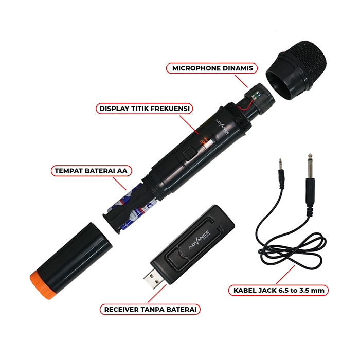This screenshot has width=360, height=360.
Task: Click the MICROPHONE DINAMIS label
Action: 212,68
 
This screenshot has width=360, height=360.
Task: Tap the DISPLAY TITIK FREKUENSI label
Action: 145,109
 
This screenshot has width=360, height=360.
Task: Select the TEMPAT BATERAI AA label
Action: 91,171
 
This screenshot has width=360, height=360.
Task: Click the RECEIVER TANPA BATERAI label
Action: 150,309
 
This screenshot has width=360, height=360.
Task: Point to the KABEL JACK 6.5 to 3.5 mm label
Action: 279,290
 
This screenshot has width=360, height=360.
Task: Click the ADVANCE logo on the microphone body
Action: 222,127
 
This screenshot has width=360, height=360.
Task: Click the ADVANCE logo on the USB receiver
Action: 200,240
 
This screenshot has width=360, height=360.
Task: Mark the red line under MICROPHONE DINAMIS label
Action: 241,81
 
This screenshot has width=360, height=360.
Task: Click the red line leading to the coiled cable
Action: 285,275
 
